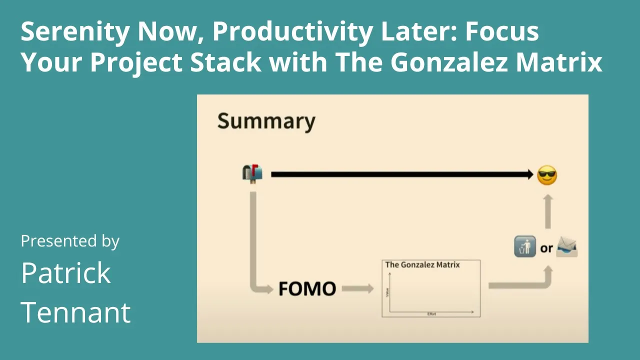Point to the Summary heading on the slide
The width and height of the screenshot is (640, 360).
266,121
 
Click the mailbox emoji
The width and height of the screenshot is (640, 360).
252,173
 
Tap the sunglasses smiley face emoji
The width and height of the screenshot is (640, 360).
547,175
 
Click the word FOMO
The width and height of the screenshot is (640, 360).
307,289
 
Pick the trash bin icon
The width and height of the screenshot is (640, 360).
525,247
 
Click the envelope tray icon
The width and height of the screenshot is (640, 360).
567,247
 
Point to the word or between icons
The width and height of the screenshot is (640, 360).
546,248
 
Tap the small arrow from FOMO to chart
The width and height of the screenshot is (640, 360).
357,288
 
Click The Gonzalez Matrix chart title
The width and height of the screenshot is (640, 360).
422,264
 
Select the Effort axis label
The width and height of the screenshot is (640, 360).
431,314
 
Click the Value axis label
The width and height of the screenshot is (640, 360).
387,292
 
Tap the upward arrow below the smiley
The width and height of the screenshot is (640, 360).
548,211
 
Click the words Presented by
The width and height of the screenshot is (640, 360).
70,241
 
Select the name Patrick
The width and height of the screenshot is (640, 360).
66,273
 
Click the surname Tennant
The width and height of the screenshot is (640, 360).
76,312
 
